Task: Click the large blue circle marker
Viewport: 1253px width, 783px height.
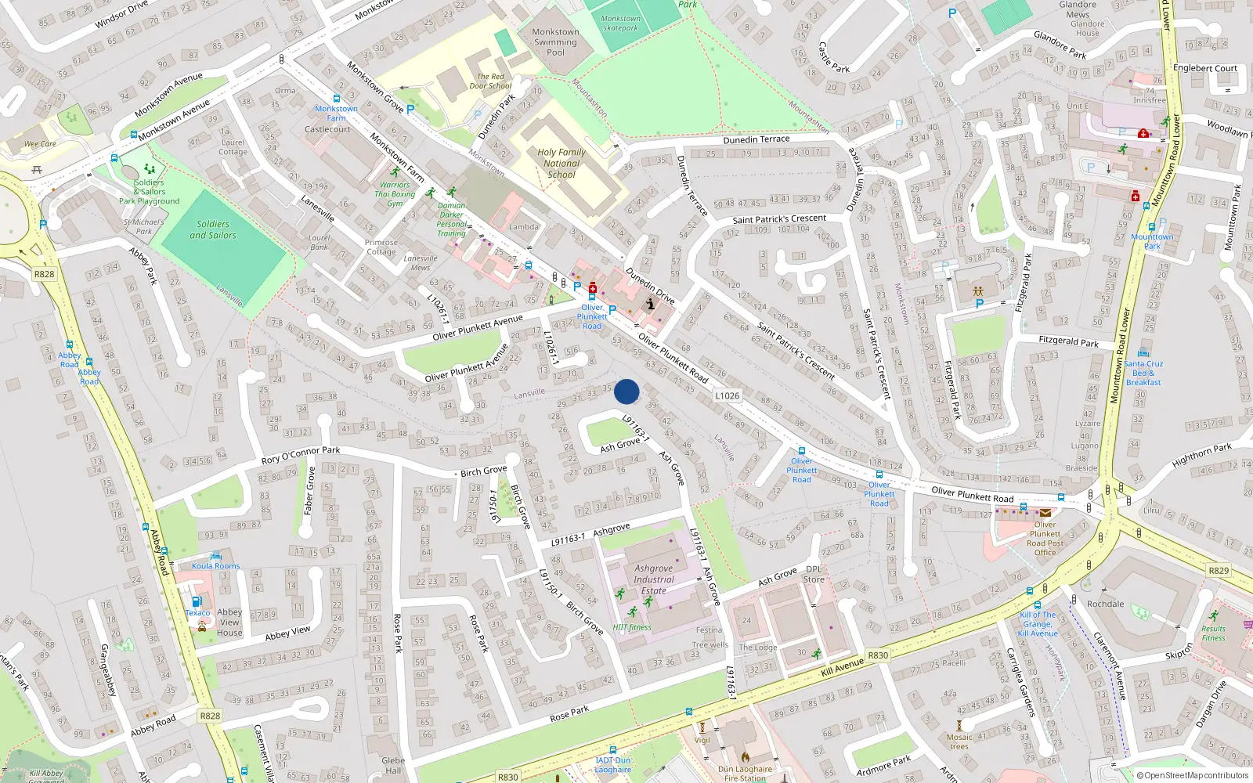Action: tap(626, 391)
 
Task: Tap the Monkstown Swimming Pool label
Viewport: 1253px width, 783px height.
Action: tap(555, 42)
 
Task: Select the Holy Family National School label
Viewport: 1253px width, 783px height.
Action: tap(562, 164)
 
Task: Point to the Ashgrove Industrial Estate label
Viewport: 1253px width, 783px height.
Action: tap(654, 579)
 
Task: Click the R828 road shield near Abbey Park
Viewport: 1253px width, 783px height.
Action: tap(44, 274)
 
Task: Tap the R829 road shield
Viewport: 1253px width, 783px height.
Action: tap(1219, 571)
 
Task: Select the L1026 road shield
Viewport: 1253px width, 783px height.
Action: tap(727, 395)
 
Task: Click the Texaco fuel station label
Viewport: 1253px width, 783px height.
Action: tap(197, 613)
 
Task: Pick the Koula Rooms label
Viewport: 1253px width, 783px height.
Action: tap(216, 565)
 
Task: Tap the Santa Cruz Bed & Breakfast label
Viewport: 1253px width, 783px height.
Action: tap(1143, 373)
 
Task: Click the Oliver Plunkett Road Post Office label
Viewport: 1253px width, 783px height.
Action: tap(1045, 539)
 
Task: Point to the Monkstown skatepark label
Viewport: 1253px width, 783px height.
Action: tap(620, 23)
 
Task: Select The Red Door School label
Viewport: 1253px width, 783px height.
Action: tap(490, 81)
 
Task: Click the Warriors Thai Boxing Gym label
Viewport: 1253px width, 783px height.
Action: tap(395, 194)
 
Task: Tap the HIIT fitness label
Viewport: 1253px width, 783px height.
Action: tap(632, 627)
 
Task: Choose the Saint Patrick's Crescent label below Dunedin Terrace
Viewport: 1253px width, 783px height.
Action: tap(779, 219)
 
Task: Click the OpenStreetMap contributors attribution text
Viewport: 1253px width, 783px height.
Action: tap(1193, 775)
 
